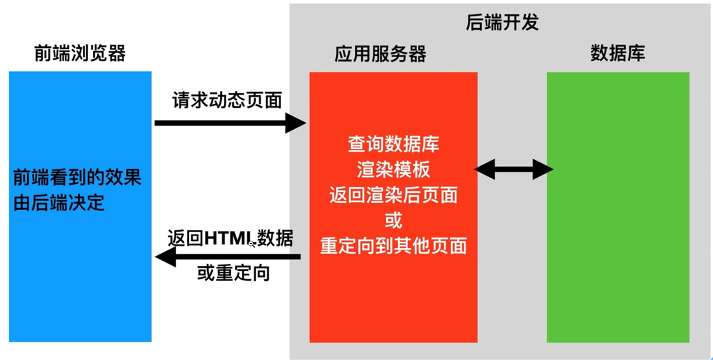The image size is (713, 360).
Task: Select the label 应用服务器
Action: pyautogui.click(x=380, y=54)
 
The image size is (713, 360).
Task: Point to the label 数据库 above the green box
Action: pyautogui.click(x=618, y=54)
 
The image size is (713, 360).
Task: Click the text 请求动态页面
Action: pyautogui.click(x=226, y=100)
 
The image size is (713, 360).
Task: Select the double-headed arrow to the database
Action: pyautogui.click(x=513, y=170)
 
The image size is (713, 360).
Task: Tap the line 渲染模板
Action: pyautogui.click(x=393, y=170)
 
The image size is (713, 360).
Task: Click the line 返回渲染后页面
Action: pyautogui.click(x=393, y=195)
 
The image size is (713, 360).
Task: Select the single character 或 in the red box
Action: pyautogui.click(x=393, y=221)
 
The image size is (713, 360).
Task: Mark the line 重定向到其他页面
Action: pyautogui.click(x=393, y=246)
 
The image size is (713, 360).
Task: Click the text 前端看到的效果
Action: pyautogui.click(x=77, y=177)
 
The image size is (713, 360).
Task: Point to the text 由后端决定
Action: pyautogui.click(x=59, y=203)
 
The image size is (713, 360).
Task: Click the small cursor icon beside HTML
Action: pyautogui.click(x=252, y=244)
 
